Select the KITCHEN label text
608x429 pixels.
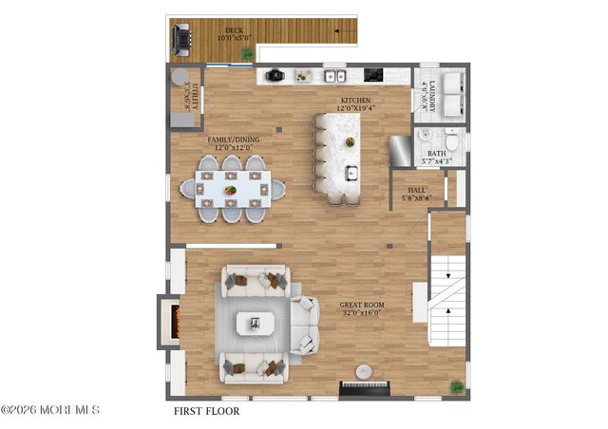[356, 100]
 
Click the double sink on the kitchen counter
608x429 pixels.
[334, 75]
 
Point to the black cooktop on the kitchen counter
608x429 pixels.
[373, 75]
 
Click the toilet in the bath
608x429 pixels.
[452, 141]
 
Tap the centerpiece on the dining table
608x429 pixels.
[231, 190]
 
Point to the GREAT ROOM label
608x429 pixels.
[360, 308]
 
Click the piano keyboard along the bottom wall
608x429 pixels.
[365, 387]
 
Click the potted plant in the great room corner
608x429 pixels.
[457, 386]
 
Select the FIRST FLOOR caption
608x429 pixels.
[206, 412]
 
